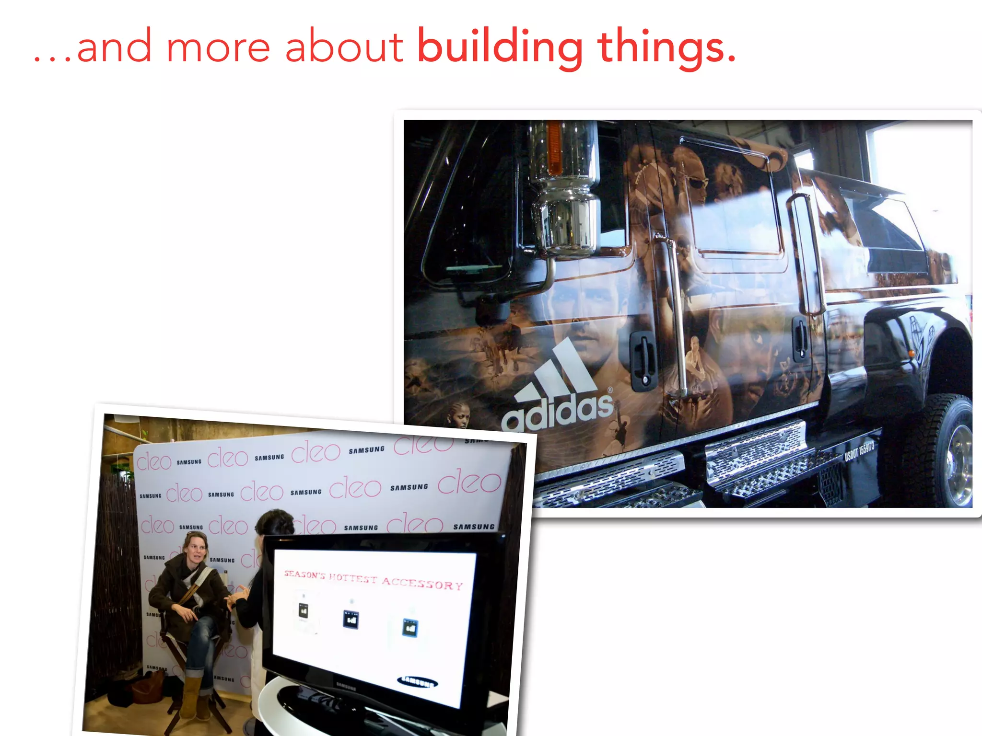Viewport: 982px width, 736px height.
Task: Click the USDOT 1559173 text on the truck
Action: [x=859, y=451]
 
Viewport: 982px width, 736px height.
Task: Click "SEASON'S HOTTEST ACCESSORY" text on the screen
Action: [x=373, y=580]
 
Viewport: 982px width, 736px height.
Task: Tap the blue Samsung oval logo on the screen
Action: [x=418, y=681]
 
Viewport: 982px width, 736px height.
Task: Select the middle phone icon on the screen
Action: [x=351, y=619]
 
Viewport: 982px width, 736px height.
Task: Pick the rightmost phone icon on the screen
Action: [x=409, y=627]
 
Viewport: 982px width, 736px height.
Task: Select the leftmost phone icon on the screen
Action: [x=304, y=610]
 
